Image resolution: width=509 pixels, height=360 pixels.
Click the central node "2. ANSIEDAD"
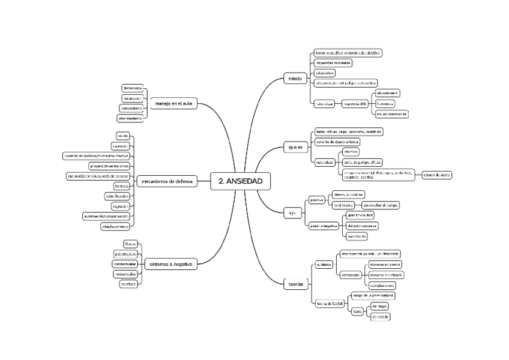(240, 181)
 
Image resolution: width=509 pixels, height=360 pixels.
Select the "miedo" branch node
(295, 79)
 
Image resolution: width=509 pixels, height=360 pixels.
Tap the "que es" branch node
(294, 146)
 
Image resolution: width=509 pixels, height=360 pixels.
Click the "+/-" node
(292, 212)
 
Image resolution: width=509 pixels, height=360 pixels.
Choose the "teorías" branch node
(296, 283)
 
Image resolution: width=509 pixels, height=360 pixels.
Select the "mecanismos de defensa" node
(167, 181)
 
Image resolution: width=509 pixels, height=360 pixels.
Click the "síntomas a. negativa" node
(170, 263)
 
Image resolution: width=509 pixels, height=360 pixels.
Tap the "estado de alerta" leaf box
(437, 175)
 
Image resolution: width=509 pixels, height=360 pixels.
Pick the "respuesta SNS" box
(354, 104)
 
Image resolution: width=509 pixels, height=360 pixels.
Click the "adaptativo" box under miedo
(325, 73)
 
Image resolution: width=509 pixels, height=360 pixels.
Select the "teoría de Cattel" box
(329, 304)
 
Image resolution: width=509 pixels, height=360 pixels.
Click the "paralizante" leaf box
(357, 236)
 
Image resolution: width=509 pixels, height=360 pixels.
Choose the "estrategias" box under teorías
(351, 275)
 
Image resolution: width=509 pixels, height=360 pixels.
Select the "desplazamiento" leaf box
(115, 226)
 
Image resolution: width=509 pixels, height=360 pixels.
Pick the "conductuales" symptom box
(125, 263)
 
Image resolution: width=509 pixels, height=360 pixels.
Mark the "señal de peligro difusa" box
(362, 162)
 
